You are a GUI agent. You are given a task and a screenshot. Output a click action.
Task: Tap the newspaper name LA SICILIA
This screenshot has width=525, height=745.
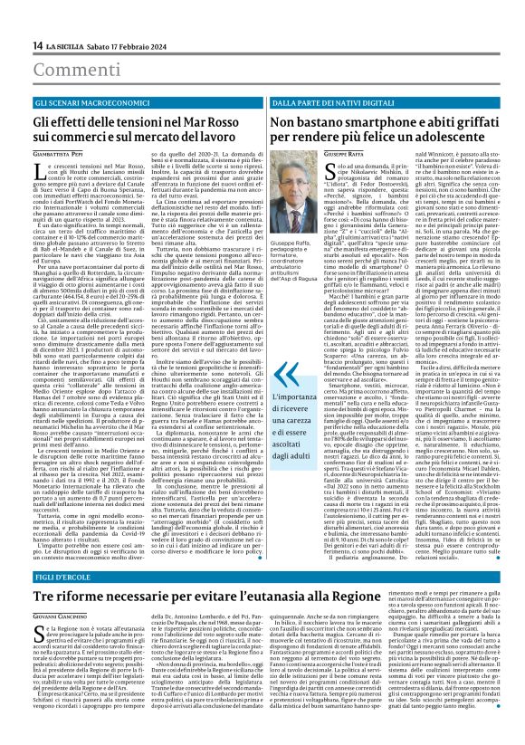(45, 8)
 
